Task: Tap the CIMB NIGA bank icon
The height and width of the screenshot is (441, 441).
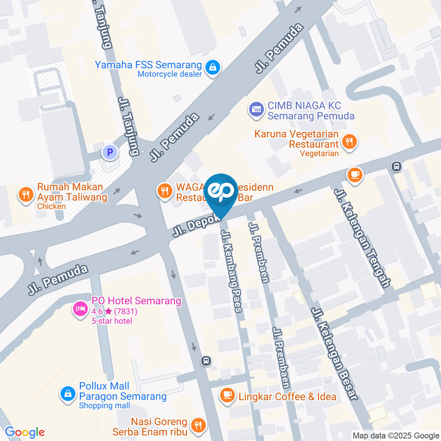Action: [x=255, y=110]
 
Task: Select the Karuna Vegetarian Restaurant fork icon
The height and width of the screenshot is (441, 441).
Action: [x=350, y=142]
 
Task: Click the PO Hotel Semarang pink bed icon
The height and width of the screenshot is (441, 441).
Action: [x=80, y=308]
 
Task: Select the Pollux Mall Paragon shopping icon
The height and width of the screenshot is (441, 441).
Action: [x=68, y=394]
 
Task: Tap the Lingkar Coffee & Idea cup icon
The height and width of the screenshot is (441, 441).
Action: [x=226, y=395]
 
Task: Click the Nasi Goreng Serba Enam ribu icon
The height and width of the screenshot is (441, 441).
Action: [x=198, y=426]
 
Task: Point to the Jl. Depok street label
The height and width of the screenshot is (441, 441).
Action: [x=190, y=225]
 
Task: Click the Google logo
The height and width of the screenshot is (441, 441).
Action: [x=24, y=432]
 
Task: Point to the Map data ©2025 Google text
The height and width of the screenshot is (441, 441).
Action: [x=396, y=435]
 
